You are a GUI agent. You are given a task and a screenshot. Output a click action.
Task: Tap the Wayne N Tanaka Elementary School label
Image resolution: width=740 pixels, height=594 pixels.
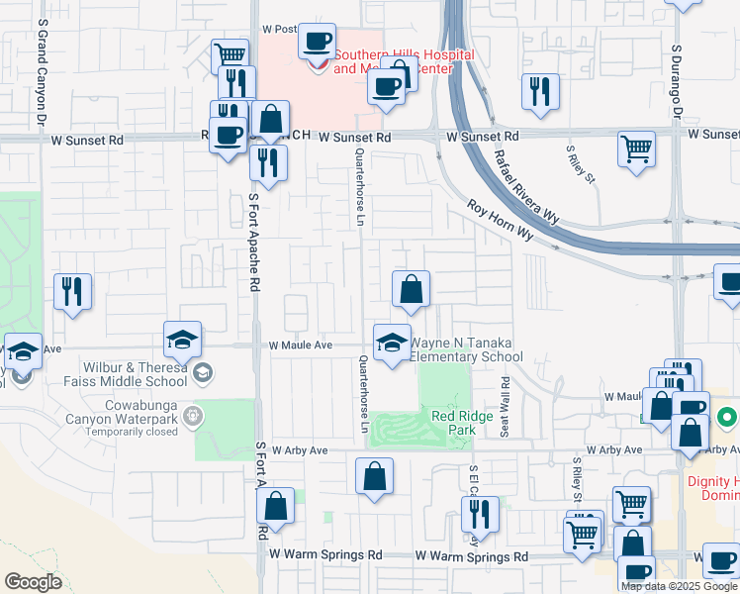coord(465,350)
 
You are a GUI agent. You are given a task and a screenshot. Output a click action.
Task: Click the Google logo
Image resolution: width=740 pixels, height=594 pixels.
coord(33,582)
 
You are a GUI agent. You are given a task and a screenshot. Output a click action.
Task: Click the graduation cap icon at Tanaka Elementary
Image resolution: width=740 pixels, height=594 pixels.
coord(392,342)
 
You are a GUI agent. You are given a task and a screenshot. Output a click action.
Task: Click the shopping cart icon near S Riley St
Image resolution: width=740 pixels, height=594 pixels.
coord(636,149)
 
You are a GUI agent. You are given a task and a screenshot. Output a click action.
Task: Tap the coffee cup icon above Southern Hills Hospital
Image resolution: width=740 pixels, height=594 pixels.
coord(317,42)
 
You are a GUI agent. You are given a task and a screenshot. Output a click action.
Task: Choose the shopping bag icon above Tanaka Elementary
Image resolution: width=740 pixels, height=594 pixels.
coord(411,289)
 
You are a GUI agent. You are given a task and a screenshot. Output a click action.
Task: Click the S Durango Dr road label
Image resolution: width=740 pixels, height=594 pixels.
coord(677,74)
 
